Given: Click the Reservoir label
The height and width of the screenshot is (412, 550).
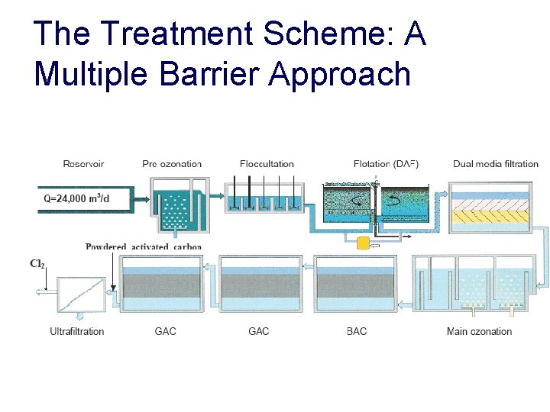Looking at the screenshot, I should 83,163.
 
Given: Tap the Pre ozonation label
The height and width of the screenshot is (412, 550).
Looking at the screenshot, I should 172,163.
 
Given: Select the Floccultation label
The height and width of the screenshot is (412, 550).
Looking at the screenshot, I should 267,163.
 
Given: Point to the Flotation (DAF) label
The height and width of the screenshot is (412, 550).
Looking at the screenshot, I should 386,163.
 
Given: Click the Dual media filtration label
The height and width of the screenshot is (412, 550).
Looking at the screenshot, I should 495,163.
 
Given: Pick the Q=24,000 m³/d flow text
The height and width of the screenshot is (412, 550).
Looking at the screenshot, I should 76,198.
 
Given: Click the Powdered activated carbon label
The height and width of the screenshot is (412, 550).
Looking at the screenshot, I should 144,246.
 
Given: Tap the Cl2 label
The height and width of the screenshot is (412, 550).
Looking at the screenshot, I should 37,264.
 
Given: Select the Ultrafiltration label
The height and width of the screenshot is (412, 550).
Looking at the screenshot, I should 76,331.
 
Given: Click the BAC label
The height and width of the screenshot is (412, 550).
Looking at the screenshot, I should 357,331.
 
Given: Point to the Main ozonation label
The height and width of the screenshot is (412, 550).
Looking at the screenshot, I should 479,331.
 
